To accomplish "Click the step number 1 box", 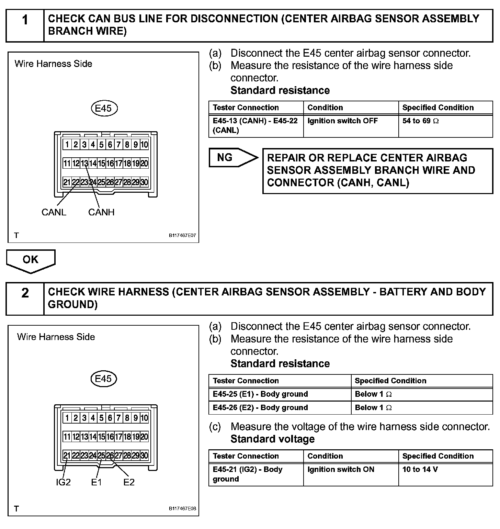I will (25, 25).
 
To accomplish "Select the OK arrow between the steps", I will (31, 260).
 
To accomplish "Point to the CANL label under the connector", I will (54, 212).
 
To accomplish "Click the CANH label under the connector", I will (101, 212).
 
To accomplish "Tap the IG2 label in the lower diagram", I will (63, 482).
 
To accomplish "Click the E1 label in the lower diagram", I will (96, 482).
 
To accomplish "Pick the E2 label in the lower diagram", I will (129, 482).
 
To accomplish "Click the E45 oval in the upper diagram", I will (104, 109).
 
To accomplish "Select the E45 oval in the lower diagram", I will (104, 379).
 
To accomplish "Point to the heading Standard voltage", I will (272, 439).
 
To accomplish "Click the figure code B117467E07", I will (182, 236).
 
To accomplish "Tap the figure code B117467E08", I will (182, 509).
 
